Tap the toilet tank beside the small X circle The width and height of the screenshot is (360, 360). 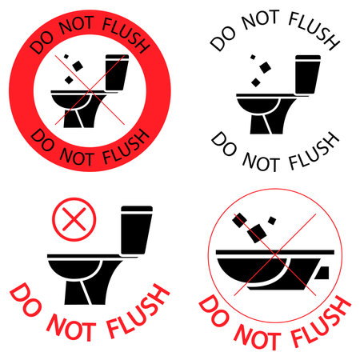click(x=137, y=230)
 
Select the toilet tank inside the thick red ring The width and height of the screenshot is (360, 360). click(x=117, y=73)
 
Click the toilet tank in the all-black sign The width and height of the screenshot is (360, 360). click(x=307, y=74)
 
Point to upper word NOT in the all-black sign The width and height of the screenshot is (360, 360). click(x=261, y=20)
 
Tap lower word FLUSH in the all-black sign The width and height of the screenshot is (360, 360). click(x=314, y=152)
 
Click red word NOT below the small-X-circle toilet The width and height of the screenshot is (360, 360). click(x=71, y=327)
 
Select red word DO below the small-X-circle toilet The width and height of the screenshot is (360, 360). click(x=26, y=300)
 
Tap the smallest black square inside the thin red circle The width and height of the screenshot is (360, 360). click(x=272, y=221)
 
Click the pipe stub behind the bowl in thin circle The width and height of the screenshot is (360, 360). click(x=322, y=273)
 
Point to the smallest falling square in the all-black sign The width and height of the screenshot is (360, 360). click(x=253, y=57)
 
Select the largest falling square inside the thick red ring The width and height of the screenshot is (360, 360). click(x=78, y=66)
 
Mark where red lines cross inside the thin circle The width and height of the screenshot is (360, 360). click(x=275, y=254)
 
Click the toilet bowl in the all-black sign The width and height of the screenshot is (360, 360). click(x=258, y=106)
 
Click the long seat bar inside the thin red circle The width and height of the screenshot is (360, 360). click(x=275, y=252)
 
